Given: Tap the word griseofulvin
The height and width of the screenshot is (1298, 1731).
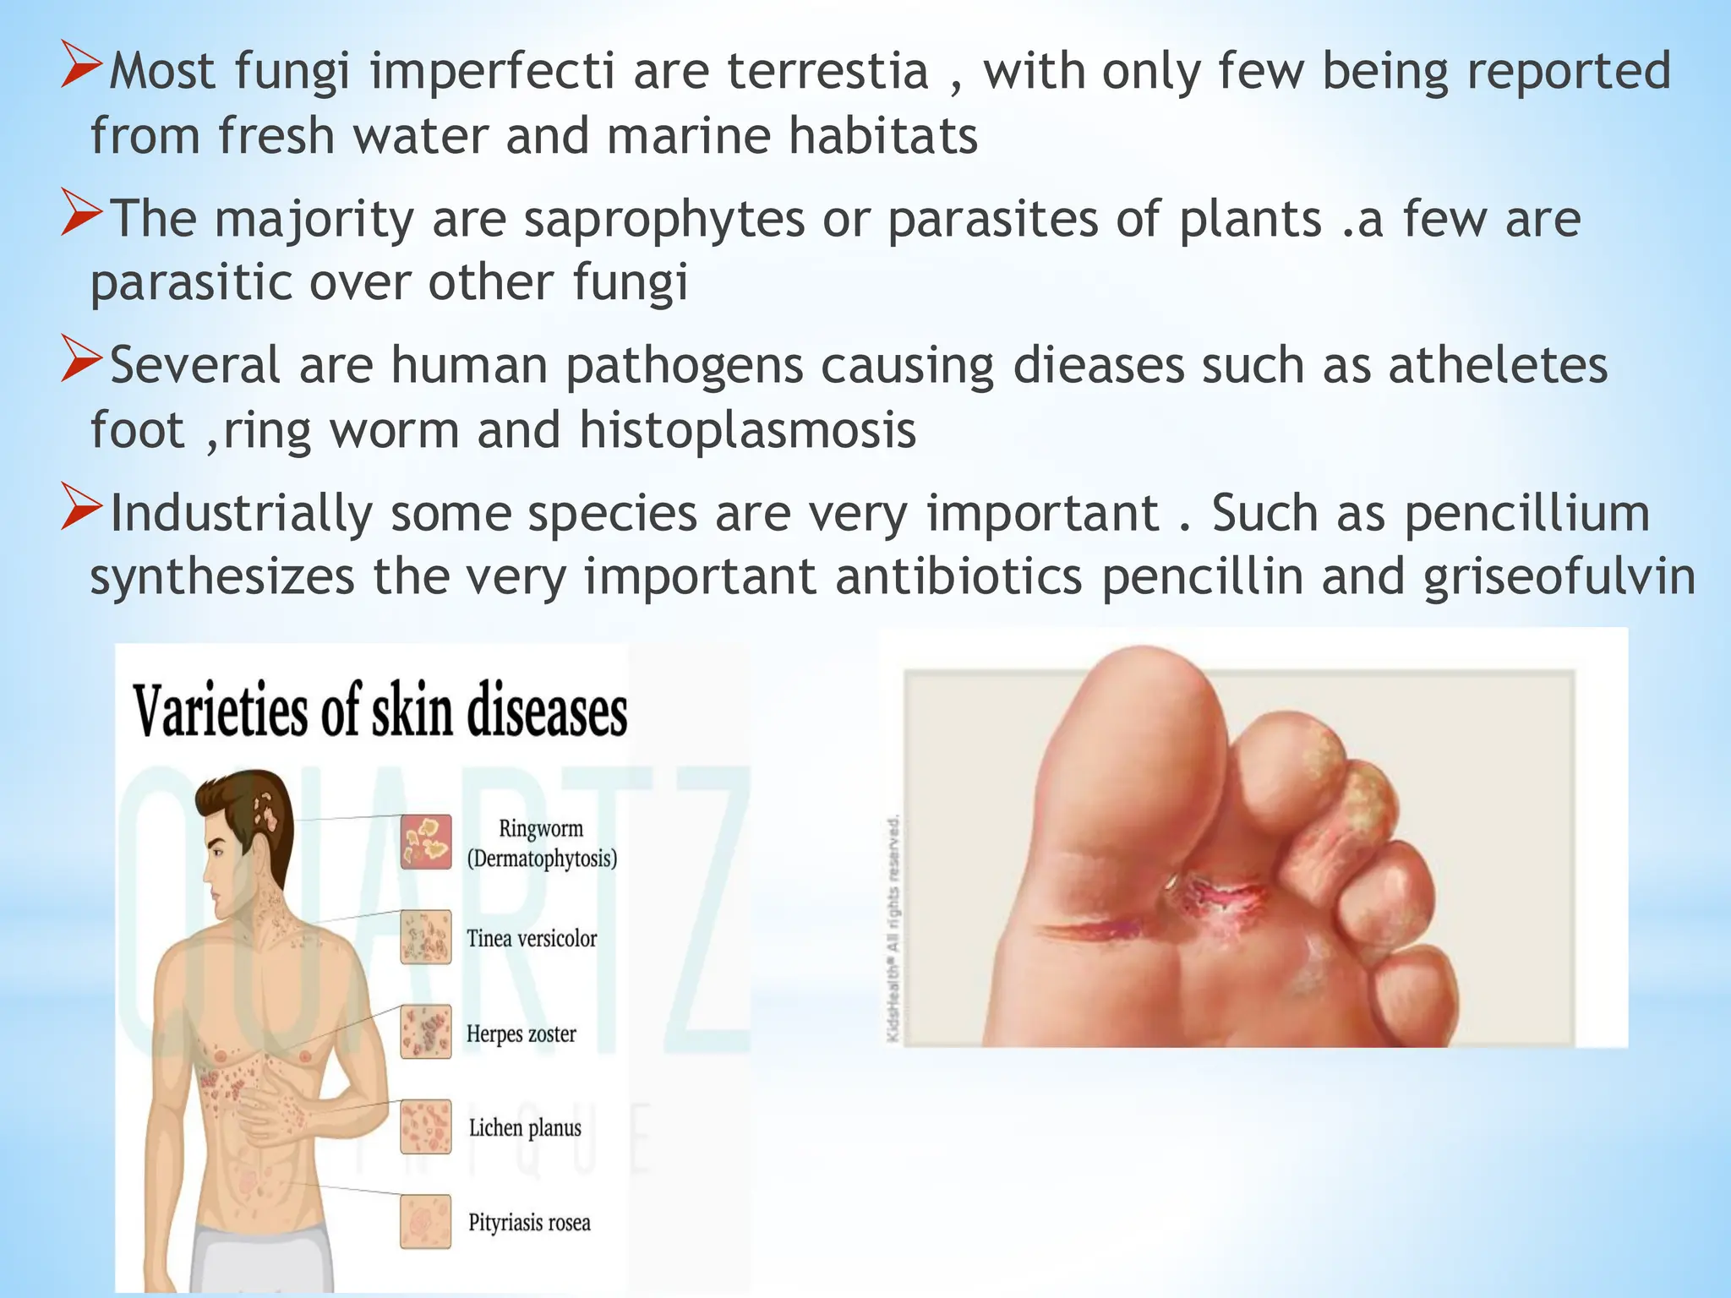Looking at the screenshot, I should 1559,578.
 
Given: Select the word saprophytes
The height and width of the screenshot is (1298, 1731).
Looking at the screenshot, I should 663,220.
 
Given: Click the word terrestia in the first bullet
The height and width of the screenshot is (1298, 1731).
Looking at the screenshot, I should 827,71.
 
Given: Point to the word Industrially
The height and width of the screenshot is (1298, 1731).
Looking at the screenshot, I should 242,514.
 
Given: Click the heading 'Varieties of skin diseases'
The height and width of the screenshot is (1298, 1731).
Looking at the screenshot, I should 380,710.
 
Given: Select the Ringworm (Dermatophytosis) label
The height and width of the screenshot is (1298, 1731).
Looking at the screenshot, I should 542,843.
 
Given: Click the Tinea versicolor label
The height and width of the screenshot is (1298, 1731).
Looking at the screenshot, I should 532,938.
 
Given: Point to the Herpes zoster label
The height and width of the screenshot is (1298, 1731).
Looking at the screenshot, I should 521,1033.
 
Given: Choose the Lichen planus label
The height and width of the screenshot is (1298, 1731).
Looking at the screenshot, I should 525,1128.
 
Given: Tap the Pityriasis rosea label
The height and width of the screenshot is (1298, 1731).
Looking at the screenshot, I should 529,1223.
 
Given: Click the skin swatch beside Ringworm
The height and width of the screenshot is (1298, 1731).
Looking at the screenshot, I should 426,842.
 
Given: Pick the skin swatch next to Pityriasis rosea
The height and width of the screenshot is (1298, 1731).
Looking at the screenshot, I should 426,1221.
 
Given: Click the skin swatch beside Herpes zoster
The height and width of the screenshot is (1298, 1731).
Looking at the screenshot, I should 426,1032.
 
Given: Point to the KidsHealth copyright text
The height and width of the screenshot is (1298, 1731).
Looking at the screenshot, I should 894,930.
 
